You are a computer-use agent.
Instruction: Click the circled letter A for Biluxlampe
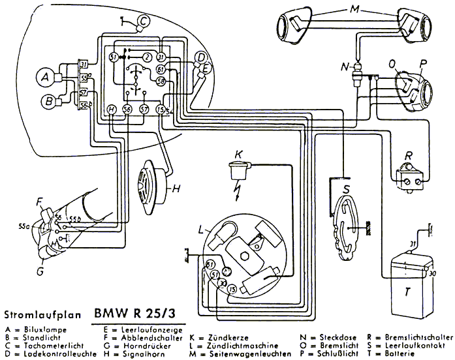pos(45,78)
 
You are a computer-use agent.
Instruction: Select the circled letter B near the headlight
pos(48,101)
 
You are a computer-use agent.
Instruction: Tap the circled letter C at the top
pos(144,23)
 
